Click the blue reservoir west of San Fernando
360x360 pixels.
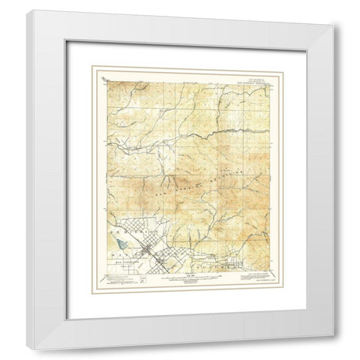(119, 244)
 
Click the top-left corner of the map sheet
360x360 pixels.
(99, 73)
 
